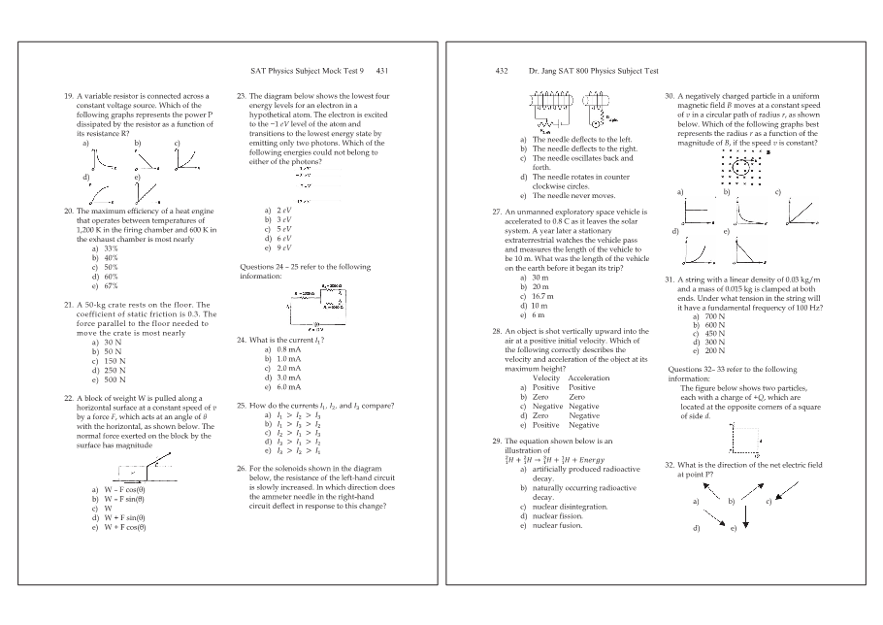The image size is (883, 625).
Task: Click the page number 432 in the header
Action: click(502, 71)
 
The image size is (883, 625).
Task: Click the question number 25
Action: click(242, 405)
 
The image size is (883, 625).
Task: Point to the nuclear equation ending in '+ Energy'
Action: click(555, 459)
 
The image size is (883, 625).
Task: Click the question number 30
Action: click(669, 98)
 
